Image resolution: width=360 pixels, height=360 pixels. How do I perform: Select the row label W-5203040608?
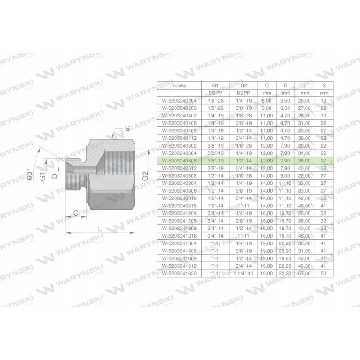[179, 160]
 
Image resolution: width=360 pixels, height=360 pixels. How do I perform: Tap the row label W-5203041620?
[179, 273]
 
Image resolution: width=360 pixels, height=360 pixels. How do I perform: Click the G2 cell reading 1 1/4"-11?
[243, 273]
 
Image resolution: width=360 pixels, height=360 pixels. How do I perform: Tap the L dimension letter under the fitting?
[100, 228]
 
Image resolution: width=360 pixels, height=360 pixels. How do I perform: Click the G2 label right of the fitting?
[144, 176]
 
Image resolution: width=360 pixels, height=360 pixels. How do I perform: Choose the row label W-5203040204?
[179, 100]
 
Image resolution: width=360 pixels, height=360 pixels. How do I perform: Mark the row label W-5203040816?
[179, 205]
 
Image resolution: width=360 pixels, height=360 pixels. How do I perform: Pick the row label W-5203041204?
[179, 213]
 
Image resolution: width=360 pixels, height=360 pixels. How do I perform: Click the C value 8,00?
[265, 100]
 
